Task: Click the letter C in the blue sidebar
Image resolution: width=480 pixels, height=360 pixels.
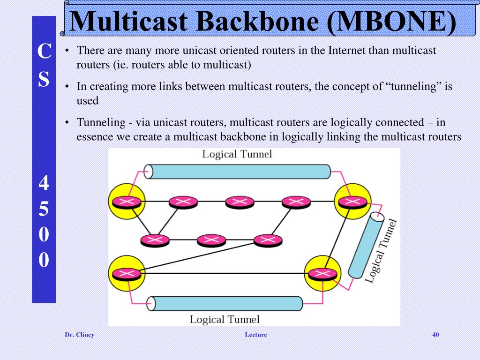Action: pyautogui.click(x=44, y=52)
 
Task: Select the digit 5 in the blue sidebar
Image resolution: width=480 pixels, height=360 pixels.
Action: pyautogui.click(x=44, y=210)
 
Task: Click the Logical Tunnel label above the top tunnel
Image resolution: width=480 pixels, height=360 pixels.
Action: pyautogui.click(x=237, y=154)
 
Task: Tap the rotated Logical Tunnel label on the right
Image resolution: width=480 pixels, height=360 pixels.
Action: pyautogui.click(x=381, y=251)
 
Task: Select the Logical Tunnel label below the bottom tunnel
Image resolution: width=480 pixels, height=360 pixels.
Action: pyautogui.click(x=224, y=320)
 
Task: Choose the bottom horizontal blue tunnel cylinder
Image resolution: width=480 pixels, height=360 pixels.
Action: pyautogui.click(x=225, y=304)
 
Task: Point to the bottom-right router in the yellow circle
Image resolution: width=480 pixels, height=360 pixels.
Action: pyautogui.click(x=320, y=273)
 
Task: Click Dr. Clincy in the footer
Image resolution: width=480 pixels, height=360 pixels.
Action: pyautogui.click(x=79, y=335)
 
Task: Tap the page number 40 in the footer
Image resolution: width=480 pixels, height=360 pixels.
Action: pyautogui.click(x=435, y=335)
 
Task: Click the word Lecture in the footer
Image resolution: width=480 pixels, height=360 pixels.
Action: pyautogui.click(x=255, y=335)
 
